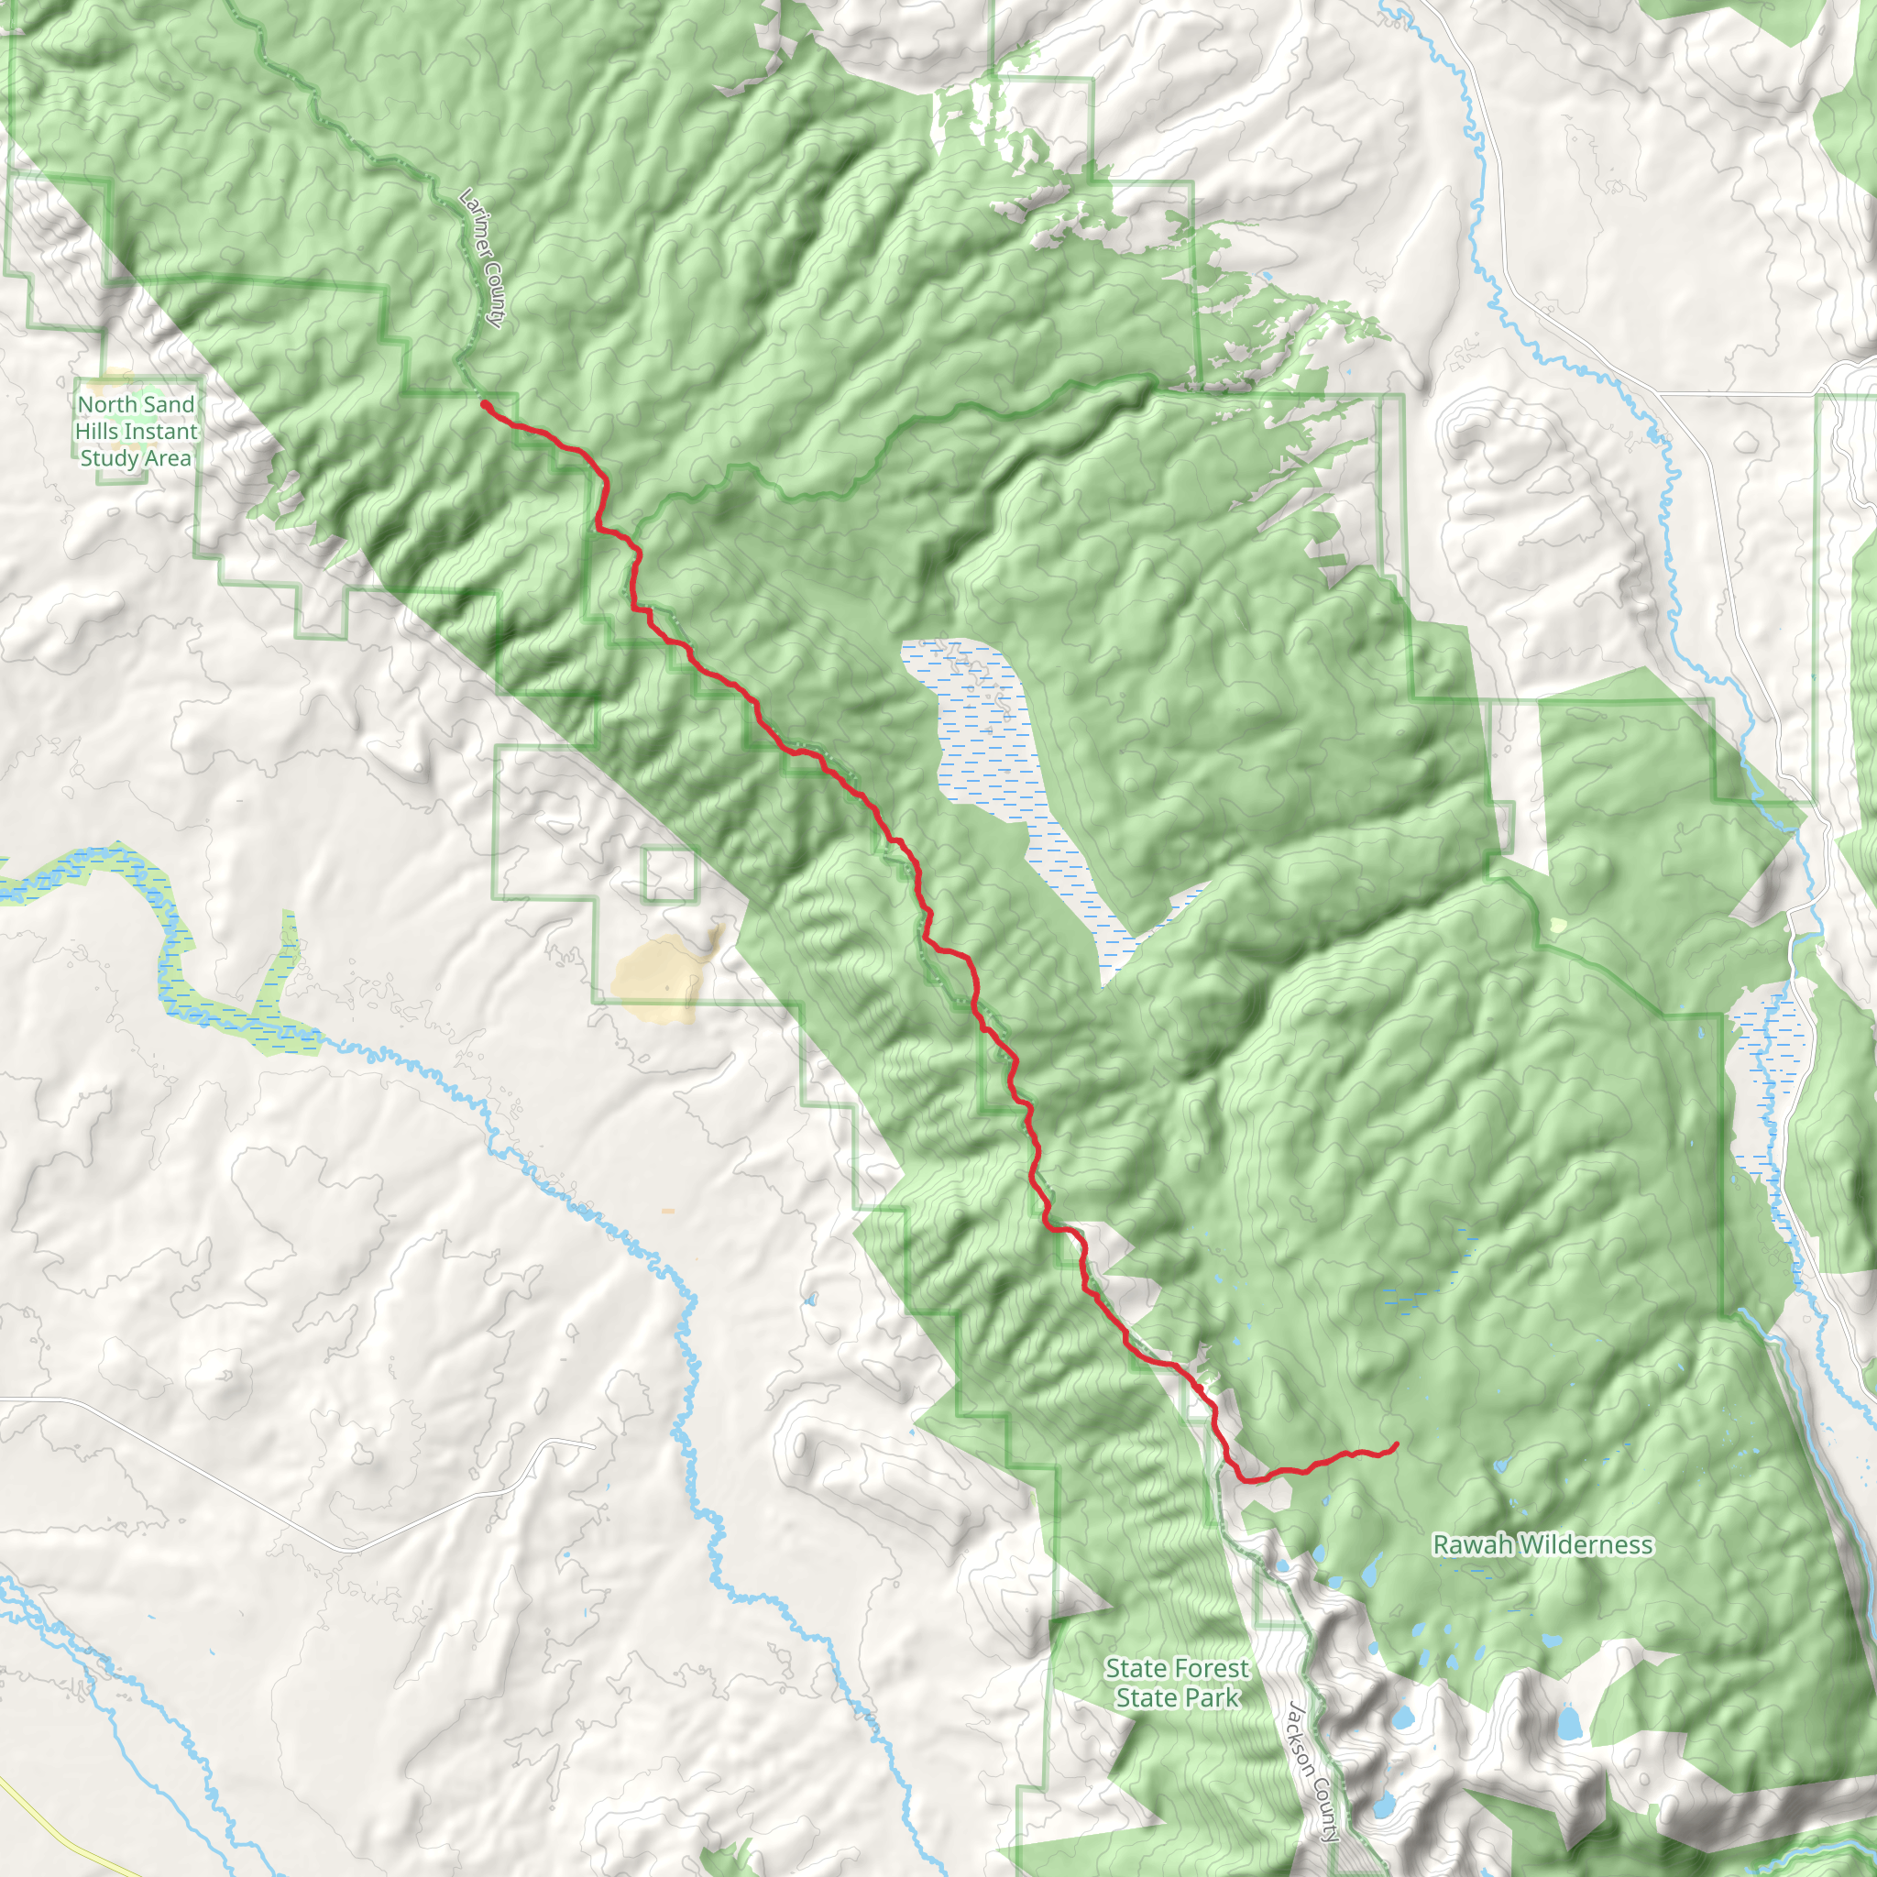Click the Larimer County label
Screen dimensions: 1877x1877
(482, 258)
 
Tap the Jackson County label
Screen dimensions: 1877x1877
(1313, 1771)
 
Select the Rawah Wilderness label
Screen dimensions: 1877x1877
(1542, 1544)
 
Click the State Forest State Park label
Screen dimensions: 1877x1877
(1177, 1683)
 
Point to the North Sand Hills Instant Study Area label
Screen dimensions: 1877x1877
(136, 432)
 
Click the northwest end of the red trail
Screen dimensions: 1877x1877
(484, 403)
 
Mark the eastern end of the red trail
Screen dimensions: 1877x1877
(1396, 1444)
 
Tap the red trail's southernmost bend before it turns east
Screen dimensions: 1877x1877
(1247, 1479)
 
